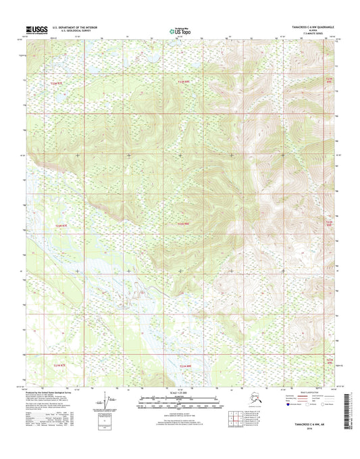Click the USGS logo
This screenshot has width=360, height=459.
pos(38,29)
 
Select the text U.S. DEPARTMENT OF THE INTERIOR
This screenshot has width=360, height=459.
pos(78,27)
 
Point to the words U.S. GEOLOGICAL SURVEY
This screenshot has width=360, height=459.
pos(74,30)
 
